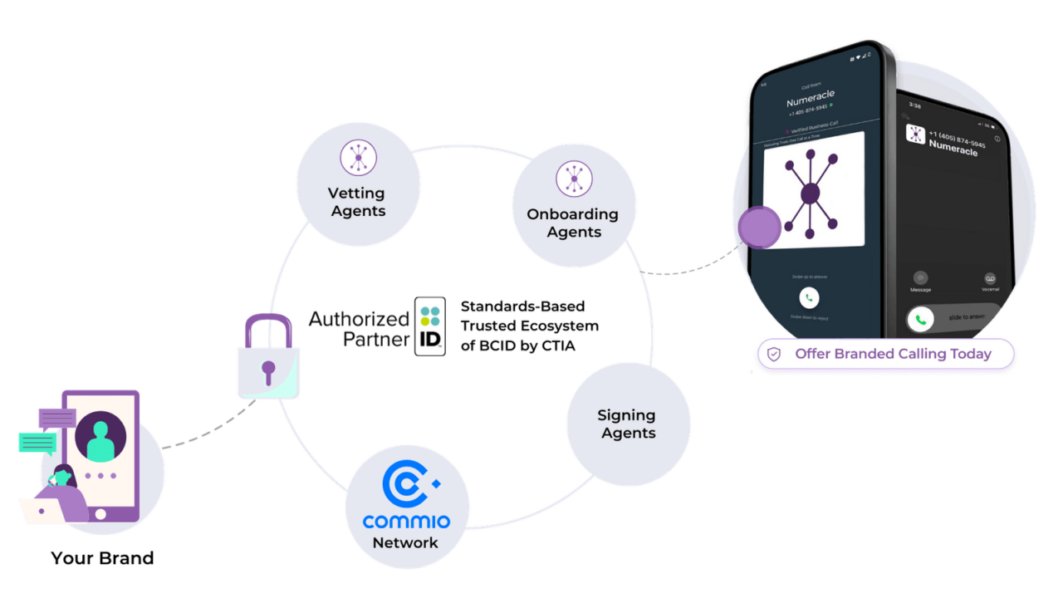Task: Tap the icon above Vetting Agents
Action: coord(358,158)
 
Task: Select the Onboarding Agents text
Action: coord(573,223)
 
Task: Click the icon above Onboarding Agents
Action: coord(574,179)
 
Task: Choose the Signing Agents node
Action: coord(628,424)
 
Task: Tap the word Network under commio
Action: coord(405,543)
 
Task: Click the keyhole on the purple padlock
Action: coord(267,370)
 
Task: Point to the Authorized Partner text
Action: coord(358,329)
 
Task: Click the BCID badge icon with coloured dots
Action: coord(430,326)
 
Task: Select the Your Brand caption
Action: coord(101,558)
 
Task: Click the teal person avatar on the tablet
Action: coord(100,438)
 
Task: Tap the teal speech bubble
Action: coord(37,443)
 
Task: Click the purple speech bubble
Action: coord(56,417)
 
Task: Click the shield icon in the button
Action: coord(774,355)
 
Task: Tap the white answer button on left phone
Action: coord(809,297)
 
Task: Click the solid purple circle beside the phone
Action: coord(759,228)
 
